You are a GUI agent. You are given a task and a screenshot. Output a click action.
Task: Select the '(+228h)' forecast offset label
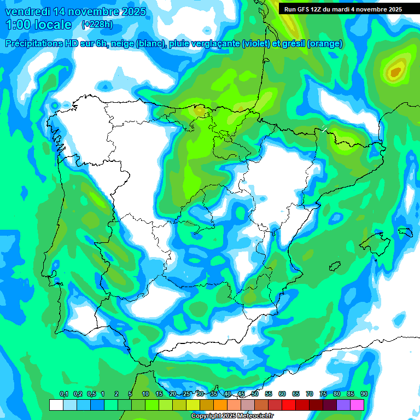click(x=97, y=24)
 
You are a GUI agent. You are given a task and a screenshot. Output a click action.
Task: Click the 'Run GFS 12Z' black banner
click(x=340, y=9)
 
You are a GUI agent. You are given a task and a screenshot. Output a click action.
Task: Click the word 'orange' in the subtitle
click(x=326, y=44)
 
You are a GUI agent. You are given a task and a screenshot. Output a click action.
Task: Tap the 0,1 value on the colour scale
click(x=63, y=394)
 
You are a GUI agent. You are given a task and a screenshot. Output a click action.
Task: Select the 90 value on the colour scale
click(x=364, y=394)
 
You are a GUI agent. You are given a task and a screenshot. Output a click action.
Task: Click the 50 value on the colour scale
click(x=255, y=394)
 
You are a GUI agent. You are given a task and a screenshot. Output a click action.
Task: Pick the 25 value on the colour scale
click(x=186, y=394)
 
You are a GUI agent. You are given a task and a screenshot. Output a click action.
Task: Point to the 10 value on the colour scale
click(x=145, y=394)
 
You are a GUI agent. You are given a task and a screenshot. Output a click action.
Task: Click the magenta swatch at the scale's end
click(x=357, y=405)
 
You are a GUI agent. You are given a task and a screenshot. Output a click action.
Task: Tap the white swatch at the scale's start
click(x=56, y=405)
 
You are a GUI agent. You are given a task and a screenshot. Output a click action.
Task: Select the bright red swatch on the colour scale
click(x=289, y=405)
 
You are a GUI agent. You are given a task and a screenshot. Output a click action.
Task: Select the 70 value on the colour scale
click(x=310, y=394)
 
